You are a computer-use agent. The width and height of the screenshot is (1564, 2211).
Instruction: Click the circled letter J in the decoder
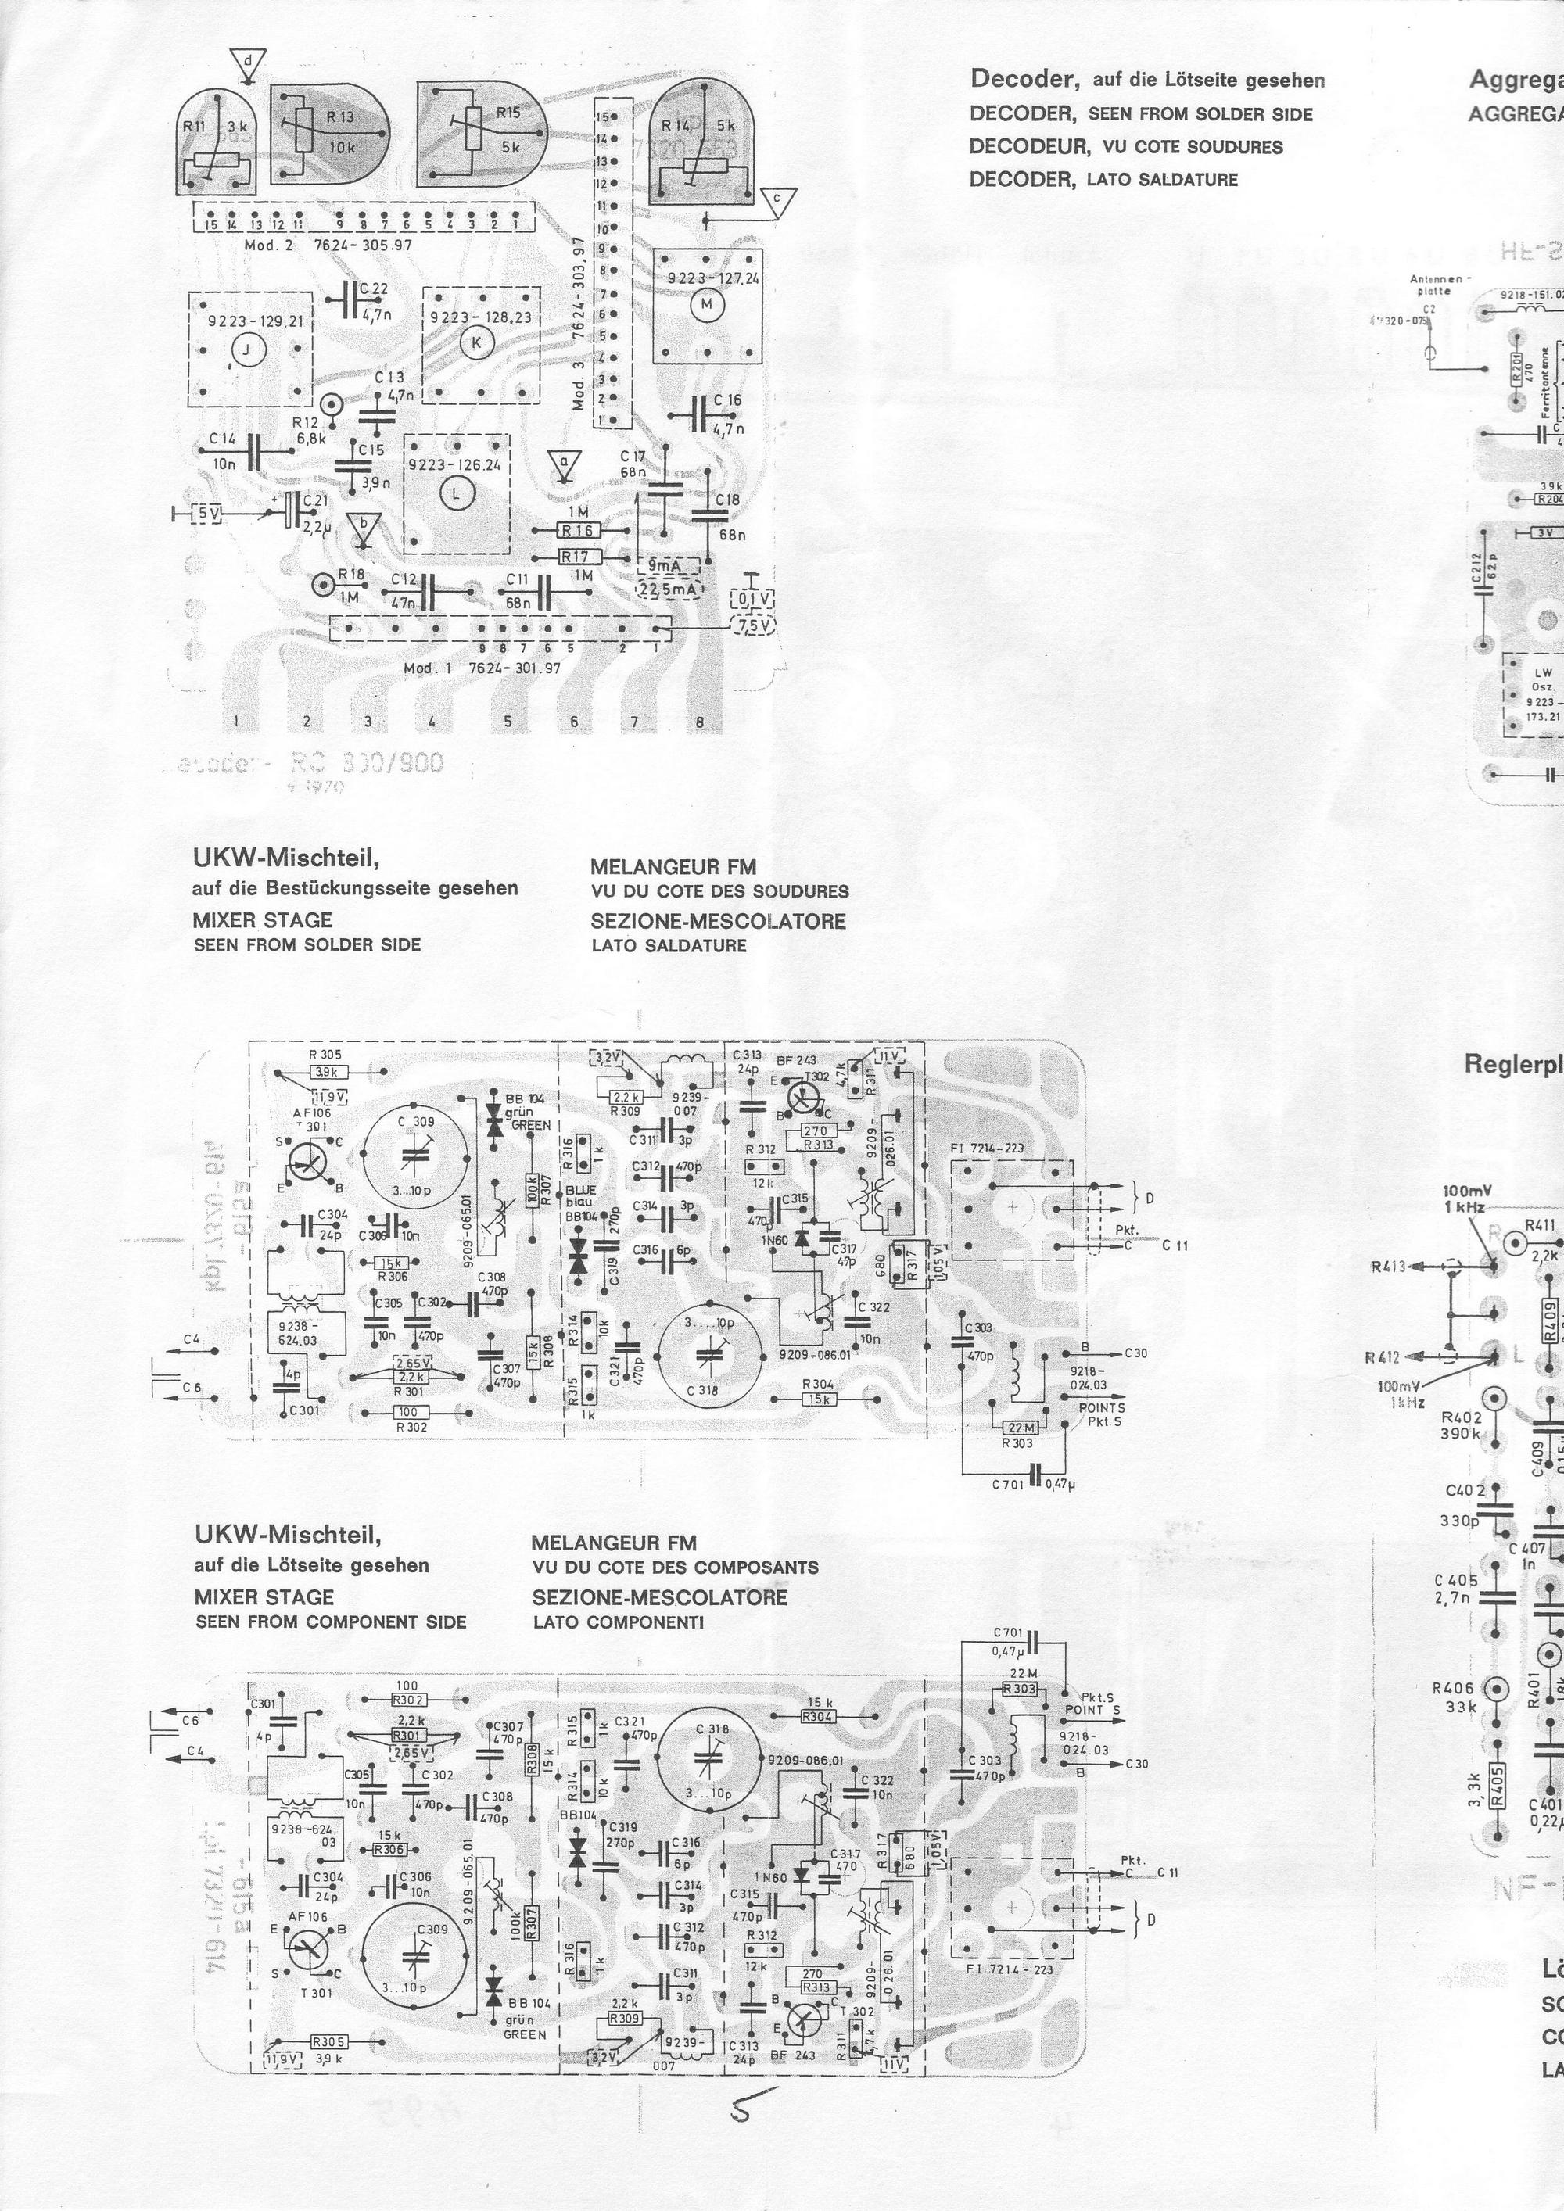pyautogui.click(x=249, y=353)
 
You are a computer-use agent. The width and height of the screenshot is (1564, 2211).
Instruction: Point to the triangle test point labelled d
pyautogui.click(x=249, y=63)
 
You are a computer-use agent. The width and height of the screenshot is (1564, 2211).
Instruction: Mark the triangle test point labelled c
pyautogui.click(x=778, y=199)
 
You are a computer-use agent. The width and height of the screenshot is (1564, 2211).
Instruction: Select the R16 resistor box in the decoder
pyautogui.click(x=578, y=531)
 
